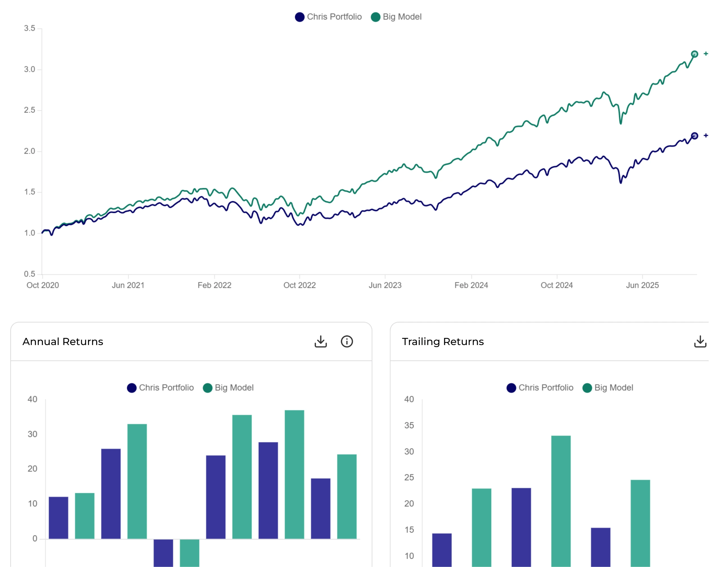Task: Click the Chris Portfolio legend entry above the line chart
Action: [x=328, y=17]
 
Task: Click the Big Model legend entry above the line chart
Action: [x=396, y=17]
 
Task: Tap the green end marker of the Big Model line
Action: [x=694, y=54]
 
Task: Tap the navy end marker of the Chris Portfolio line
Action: [x=694, y=136]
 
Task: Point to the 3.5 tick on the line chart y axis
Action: [x=29, y=28]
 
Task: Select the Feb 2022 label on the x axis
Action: [x=214, y=285]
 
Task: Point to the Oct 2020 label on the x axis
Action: [x=43, y=285]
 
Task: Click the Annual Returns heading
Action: [x=63, y=342]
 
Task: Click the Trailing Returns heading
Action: [x=443, y=342]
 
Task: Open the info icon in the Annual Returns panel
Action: [x=347, y=342]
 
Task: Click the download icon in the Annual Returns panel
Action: [x=321, y=342]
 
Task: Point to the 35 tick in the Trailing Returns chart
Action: [x=409, y=425]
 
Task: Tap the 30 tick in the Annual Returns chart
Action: [x=32, y=434]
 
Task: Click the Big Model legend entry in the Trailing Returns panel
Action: [x=608, y=388]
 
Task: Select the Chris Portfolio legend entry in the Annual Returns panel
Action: [x=161, y=388]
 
